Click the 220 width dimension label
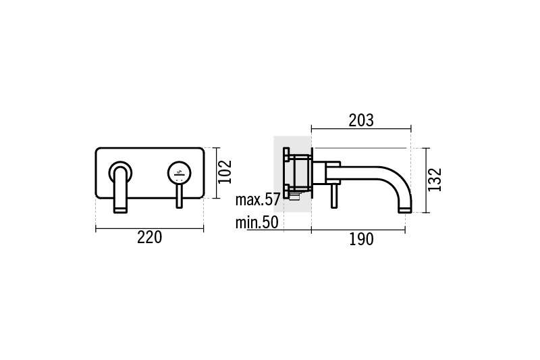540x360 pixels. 149,238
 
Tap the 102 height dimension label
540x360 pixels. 225,172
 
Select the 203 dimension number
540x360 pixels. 361,121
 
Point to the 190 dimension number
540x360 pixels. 361,239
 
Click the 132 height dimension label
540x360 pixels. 434,180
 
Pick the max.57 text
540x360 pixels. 258,200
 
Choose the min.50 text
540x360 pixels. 257,222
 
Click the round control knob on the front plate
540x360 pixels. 180,172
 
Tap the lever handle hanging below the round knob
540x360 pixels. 180,195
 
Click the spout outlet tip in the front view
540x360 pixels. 120,210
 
